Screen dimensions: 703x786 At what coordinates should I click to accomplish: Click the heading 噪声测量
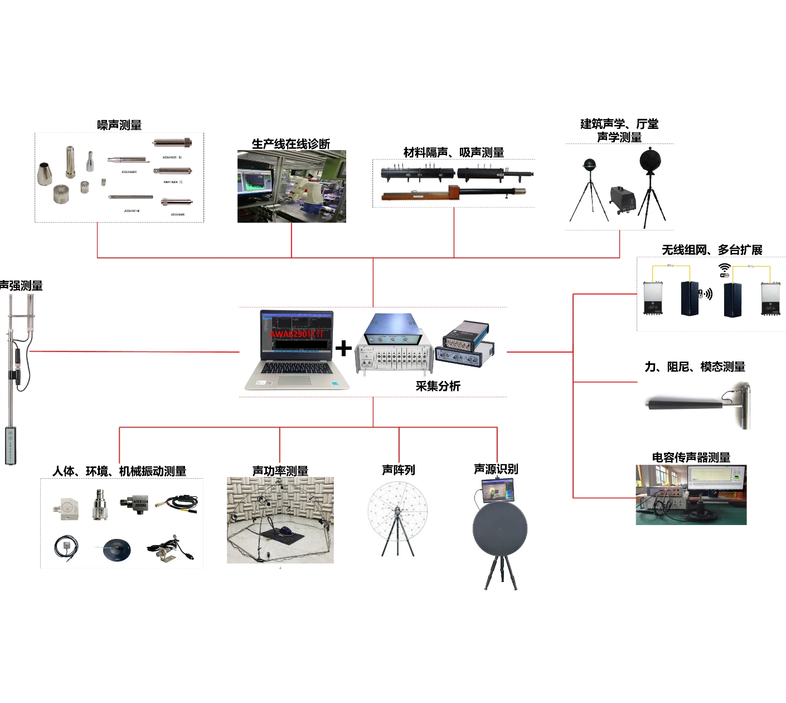tap(119, 125)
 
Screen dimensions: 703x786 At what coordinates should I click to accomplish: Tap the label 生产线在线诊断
tap(291, 144)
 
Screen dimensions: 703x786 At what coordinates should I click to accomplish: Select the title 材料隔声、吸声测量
tap(454, 152)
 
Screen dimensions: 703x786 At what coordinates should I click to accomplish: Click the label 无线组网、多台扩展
tap(712, 250)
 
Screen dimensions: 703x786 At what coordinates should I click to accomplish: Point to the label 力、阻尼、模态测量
tap(695, 367)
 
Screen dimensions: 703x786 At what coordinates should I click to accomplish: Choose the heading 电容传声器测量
tap(691, 458)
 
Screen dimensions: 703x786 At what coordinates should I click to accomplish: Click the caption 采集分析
tap(438, 386)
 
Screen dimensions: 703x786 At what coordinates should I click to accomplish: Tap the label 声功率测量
tap(280, 471)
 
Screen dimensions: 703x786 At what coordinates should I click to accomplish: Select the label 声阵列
tap(398, 470)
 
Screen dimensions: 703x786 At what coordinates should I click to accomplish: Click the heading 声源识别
tap(496, 469)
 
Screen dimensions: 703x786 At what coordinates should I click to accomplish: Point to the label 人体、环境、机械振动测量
tap(119, 471)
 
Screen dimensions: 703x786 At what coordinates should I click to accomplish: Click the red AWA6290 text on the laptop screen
tap(296, 334)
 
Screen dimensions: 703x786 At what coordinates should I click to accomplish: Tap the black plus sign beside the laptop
tap(344, 348)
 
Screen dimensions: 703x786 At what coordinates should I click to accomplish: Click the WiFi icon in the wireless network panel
tap(724, 269)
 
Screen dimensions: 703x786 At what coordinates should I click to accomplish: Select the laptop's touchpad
tap(295, 380)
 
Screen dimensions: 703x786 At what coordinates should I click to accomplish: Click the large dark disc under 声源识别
tap(499, 528)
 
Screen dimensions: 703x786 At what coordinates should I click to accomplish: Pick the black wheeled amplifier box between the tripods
tap(623, 199)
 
